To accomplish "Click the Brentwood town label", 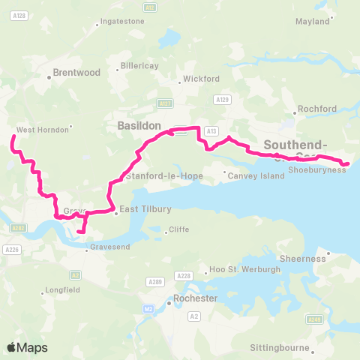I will click(77, 73).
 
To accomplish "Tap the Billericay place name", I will click(141, 66).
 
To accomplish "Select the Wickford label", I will click(202, 78).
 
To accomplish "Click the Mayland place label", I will click(313, 21).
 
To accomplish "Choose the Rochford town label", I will click(317, 109).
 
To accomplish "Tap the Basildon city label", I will click(139, 127).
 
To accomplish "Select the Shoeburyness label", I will click(317, 170).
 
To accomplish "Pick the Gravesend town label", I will click(110, 246).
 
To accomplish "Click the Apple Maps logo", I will click(27, 347).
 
